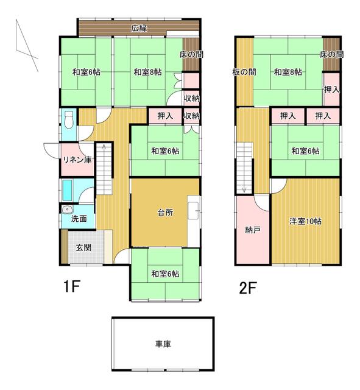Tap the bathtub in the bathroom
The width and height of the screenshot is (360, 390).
(x=67, y=190)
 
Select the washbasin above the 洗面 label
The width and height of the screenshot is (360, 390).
(x=67, y=210)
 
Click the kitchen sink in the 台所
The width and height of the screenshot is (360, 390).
(x=193, y=210)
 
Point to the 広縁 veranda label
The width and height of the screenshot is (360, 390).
(x=139, y=28)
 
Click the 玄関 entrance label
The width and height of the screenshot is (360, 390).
(x=84, y=247)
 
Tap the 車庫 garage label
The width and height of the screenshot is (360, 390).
(x=163, y=344)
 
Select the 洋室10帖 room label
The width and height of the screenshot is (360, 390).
(x=306, y=221)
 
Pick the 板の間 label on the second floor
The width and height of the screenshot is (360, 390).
(x=244, y=72)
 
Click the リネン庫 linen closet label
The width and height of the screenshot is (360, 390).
(x=77, y=160)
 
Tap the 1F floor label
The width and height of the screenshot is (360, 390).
(x=72, y=287)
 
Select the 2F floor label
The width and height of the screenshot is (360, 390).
(x=248, y=288)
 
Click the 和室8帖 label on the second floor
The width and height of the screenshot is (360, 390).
(x=288, y=72)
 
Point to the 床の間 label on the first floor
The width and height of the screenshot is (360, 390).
(x=191, y=54)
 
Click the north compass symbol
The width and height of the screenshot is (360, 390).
(x=27, y=46)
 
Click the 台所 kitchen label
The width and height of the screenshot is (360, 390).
(x=165, y=213)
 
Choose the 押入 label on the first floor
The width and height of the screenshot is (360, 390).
(x=165, y=116)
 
